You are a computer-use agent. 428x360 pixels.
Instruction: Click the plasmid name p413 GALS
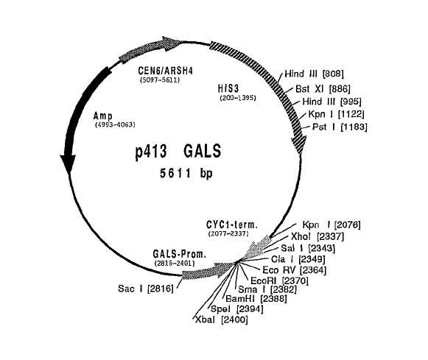(178, 151)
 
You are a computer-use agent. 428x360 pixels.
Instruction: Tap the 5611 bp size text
(186, 174)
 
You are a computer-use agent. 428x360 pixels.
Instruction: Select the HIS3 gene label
(228, 88)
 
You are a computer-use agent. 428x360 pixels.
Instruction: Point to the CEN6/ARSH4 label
(166, 71)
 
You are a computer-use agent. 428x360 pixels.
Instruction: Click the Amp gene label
(102, 116)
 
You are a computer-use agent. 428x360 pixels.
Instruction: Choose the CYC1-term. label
(232, 225)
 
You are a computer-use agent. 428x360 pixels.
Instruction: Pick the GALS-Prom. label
(179, 254)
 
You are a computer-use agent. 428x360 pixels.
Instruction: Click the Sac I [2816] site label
(146, 289)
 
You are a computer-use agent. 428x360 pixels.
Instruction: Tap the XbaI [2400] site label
(222, 320)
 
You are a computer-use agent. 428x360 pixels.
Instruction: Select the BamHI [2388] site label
(256, 299)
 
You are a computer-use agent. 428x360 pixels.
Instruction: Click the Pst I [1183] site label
(340, 127)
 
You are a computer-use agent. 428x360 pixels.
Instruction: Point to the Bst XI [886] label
(323, 89)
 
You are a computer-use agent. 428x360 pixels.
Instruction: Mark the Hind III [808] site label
(314, 74)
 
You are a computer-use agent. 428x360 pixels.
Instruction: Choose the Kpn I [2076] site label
(331, 225)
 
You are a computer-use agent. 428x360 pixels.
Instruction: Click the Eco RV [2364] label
(294, 270)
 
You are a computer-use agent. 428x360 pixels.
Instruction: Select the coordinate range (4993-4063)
(115, 125)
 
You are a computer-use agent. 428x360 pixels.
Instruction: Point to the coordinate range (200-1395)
(238, 98)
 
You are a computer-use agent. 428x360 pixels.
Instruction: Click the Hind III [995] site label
(332, 102)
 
